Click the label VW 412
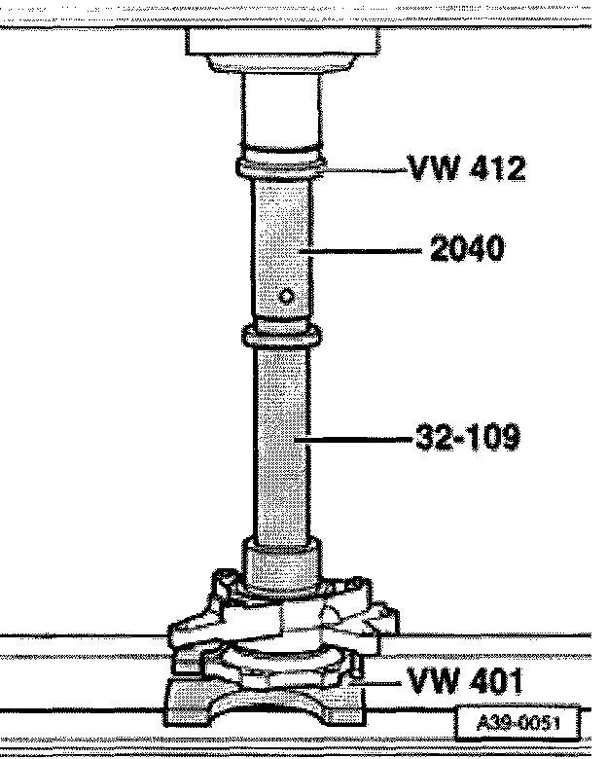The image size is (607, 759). pyautogui.click(x=468, y=168)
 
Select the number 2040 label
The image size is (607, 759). pyautogui.click(x=467, y=248)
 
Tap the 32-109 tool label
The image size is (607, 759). pyautogui.click(x=468, y=437)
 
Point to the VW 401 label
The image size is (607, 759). pyautogui.click(x=465, y=680)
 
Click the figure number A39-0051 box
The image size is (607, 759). pyautogui.click(x=518, y=724)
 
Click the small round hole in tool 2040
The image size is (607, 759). pyautogui.click(x=286, y=296)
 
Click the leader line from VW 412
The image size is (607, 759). pyautogui.click(x=364, y=170)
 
